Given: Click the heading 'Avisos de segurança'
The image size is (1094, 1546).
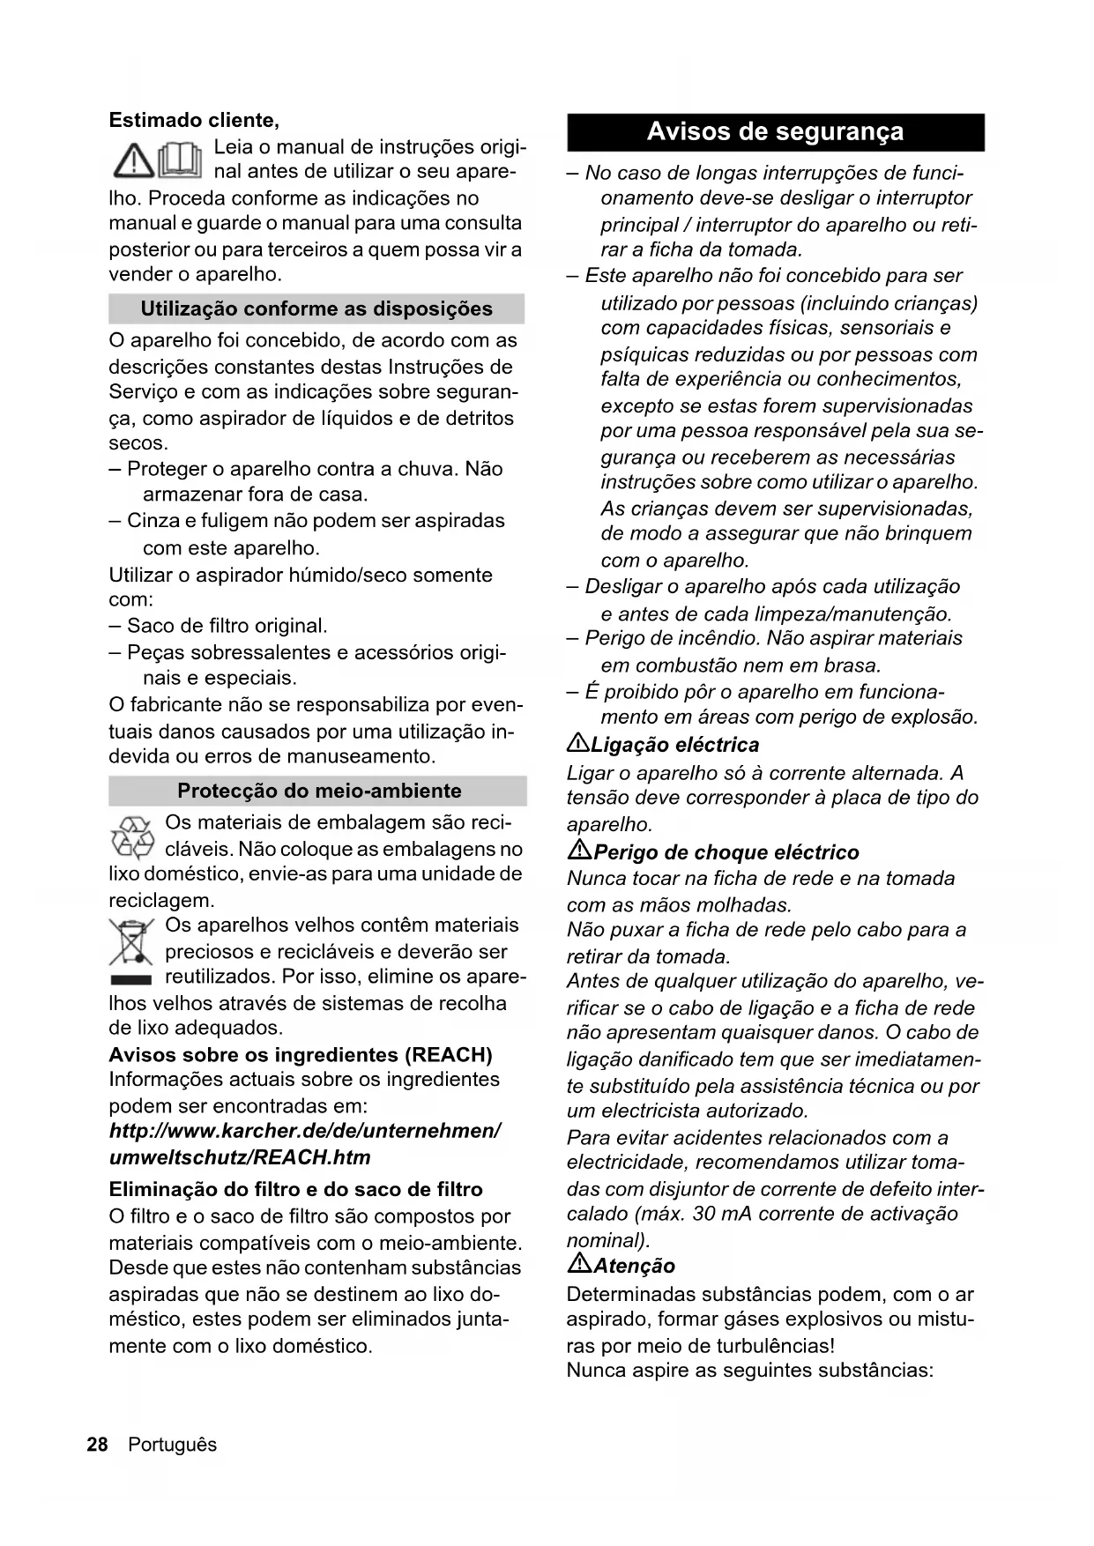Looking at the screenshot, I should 775,132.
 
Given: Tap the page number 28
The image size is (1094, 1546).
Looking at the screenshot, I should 97,1445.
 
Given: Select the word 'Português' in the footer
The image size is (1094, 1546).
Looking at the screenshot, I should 172,1445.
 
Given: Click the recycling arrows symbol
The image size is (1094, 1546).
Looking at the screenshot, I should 132,837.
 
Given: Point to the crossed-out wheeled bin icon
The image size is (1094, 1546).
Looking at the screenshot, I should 132,941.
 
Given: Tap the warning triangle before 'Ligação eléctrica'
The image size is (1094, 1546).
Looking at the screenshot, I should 577,744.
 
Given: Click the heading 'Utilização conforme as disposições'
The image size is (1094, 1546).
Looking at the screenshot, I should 316,309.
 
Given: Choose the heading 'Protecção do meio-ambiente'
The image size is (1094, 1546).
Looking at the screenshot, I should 319,791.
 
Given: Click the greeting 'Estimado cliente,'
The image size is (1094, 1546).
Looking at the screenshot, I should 194,120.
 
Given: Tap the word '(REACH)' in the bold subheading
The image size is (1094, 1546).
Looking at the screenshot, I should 448,1055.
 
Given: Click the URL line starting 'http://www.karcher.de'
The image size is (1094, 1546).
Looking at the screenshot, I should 305,1131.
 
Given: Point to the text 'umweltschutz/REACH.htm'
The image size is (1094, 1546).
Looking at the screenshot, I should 240,1157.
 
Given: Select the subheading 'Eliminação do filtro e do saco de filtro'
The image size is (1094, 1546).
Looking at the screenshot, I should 295,1190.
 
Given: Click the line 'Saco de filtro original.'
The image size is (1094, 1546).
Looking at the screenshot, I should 227,626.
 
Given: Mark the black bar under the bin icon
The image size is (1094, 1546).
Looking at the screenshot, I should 131,979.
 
